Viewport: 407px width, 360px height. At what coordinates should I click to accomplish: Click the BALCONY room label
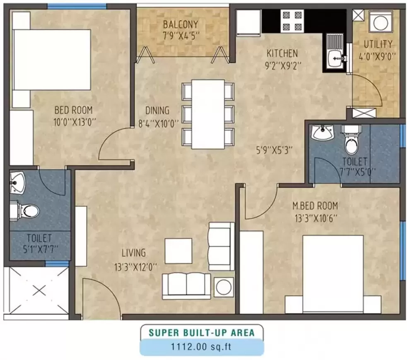pos(180,24)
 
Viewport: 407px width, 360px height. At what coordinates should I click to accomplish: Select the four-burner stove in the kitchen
pos(291,21)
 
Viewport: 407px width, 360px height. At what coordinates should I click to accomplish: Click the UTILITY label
pos(378,44)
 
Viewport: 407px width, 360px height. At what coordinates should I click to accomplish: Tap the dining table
pos(208,113)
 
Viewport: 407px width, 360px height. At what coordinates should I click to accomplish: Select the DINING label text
pos(157,110)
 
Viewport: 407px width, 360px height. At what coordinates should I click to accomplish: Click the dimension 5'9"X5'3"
pos(274,151)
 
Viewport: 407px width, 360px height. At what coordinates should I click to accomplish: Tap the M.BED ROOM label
pos(315,205)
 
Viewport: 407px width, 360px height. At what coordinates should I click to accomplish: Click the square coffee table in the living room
pos(178,251)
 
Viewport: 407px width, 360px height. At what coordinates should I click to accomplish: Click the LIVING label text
pos(133,253)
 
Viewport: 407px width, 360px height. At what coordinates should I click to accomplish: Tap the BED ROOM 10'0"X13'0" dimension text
pos(74,122)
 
